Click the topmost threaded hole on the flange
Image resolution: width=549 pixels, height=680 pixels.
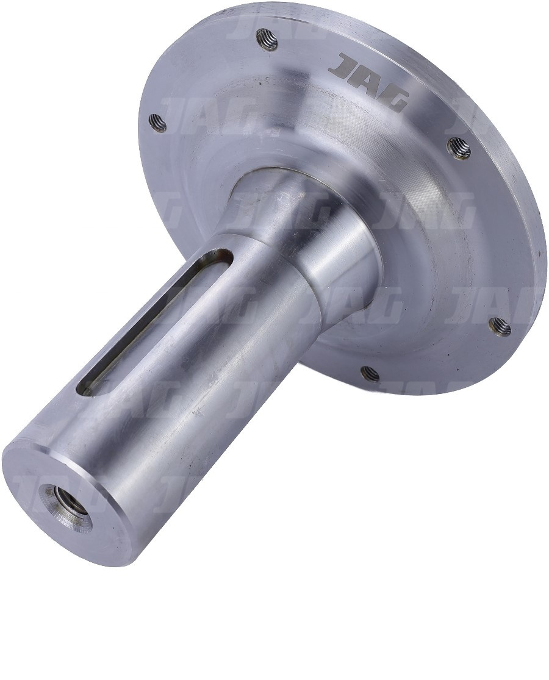pyautogui.click(x=267, y=40)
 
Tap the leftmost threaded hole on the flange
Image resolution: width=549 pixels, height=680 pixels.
pyautogui.click(x=157, y=123)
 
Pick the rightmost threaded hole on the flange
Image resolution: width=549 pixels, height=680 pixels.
pyautogui.click(x=500, y=326)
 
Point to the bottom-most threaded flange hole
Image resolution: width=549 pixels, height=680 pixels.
pyautogui.click(x=370, y=373)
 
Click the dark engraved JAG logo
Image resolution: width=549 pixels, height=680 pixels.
pyautogui.click(x=368, y=84)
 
